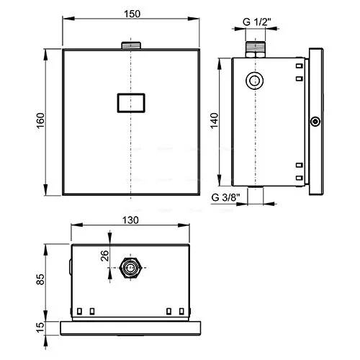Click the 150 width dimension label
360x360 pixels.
click(132, 14)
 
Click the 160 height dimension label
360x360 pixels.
click(40, 120)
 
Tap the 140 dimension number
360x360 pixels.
click(214, 121)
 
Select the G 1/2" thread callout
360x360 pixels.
click(256, 22)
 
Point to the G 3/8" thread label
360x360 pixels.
click(225, 197)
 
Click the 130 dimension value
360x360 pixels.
click(130, 220)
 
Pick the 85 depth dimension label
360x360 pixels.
click(40, 279)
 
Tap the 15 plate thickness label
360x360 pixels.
click(40, 328)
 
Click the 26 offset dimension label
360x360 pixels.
click(104, 256)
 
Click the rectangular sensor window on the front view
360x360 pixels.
click(131, 103)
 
